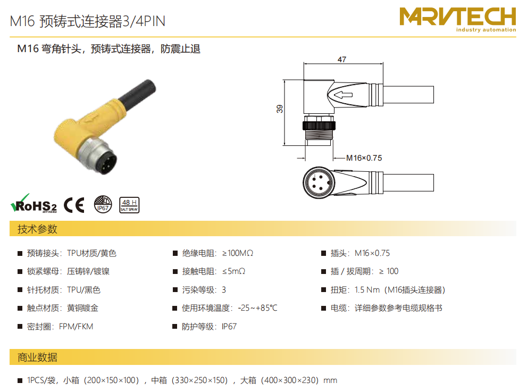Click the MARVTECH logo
(457, 20)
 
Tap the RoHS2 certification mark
(34, 204)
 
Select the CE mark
(74, 205)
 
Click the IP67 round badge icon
(103, 204)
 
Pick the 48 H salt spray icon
(129, 205)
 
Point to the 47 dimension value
(342, 60)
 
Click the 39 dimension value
(280, 109)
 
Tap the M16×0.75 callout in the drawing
(364, 158)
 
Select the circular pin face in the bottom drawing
(319, 182)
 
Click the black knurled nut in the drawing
(319, 126)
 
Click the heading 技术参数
(37, 229)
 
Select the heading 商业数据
(37, 357)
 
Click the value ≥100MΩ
(238, 253)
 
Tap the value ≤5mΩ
(233, 271)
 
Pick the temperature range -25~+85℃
(257, 308)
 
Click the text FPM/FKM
(76, 327)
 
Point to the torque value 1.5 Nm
(367, 290)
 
